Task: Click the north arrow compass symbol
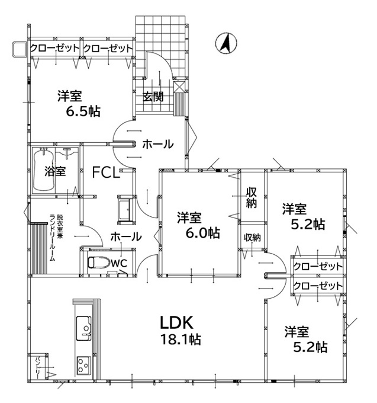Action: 226,43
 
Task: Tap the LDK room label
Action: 176,323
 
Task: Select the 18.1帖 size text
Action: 181,340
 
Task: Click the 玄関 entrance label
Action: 153,97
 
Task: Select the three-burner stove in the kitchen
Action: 83,365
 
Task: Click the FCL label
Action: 106,172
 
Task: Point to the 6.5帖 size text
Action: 83,111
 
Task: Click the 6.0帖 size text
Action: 203,233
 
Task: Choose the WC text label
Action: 119,263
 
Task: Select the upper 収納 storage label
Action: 252,197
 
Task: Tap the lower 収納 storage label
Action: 252,238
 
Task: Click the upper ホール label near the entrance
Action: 158,144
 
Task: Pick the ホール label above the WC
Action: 126,236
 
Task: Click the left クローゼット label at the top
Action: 54,48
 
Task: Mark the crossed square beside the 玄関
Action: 179,87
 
